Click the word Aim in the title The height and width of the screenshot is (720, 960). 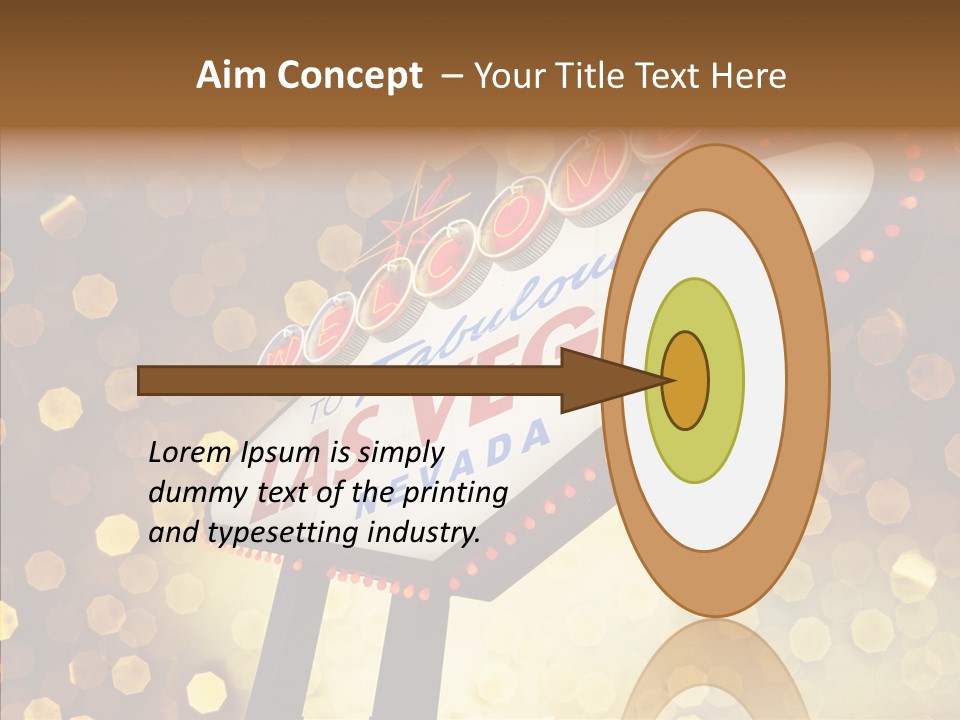click(x=229, y=76)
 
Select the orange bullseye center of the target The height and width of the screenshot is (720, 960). click(x=686, y=380)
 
